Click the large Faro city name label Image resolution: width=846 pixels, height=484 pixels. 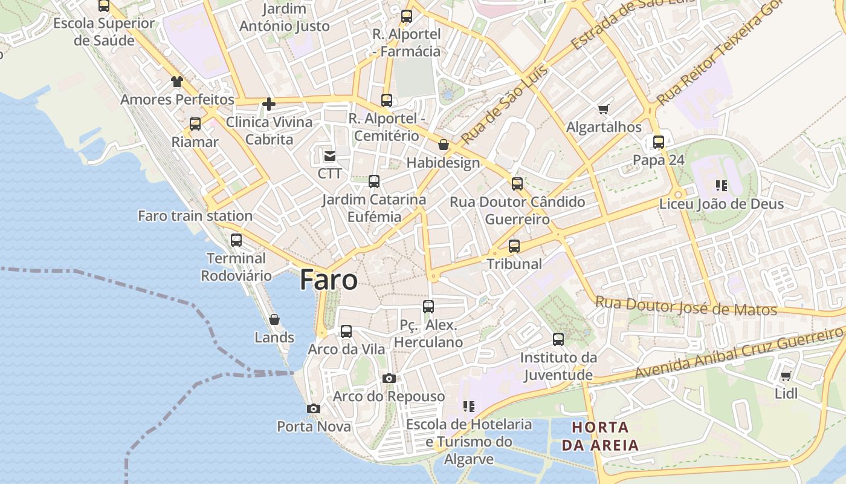click(x=329, y=280)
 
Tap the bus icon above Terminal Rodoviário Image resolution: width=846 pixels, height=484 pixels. click(x=236, y=240)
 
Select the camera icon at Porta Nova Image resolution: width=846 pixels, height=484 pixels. click(x=313, y=409)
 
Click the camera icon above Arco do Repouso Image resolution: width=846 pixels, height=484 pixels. click(x=389, y=379)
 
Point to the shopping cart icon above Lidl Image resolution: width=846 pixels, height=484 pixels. click(x=786, y=376)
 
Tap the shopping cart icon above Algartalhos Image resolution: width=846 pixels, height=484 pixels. click(x=603, y=110)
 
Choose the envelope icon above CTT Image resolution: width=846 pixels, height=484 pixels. click(x=330, y=156)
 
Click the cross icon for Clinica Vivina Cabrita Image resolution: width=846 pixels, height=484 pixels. click(x=269, y=105)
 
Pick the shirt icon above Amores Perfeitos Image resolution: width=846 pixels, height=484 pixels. click(x=176, y=82)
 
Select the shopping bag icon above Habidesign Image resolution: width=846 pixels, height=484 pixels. click(x=444, y=145)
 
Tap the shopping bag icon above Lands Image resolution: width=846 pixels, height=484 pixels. click(x=274, y=319)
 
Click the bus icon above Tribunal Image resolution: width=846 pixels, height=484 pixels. click(x=514, y=246)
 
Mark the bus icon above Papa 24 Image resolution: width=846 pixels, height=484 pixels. click(x=659, y=143)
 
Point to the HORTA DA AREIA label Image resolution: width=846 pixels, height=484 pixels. click(x=600, y=436)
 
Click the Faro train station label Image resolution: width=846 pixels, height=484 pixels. click(x=195, y=216)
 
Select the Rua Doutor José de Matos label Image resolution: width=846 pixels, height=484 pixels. click(x=686, y=306)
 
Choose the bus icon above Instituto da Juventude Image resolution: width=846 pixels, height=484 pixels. click(x=558, y=339)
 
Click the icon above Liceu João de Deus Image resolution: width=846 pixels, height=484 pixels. click(x=721, y=186)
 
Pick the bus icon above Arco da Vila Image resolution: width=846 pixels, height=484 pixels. click(x=346, y=332)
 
